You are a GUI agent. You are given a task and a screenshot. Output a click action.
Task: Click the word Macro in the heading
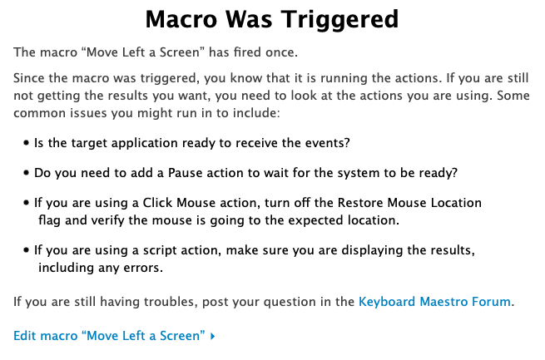pos(181,19)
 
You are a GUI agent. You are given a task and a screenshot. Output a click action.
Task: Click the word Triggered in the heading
pos(339,21)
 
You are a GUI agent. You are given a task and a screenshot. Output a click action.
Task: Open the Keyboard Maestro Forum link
pos(434,301)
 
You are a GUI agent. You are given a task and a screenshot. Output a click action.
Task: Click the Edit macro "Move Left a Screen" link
pos(109,335)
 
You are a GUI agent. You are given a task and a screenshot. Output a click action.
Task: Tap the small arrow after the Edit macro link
pos(213,336)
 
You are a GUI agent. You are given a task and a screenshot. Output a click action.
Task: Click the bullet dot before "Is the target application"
pos(26,143)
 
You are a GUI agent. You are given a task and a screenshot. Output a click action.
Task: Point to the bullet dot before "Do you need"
pos(26,173)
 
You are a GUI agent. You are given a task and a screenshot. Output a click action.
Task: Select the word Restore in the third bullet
pos(360,202)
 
